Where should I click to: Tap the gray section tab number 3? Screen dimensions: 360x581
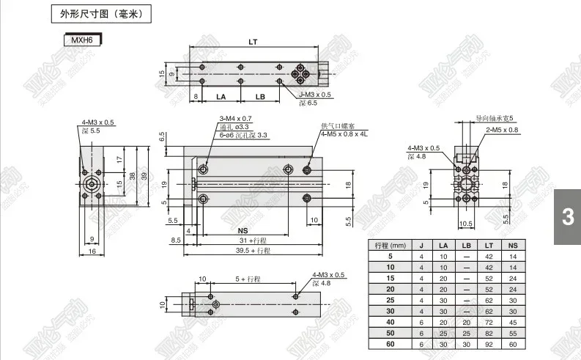[x=567, y=217]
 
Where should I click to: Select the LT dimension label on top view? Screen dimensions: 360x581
[x=253, y=41]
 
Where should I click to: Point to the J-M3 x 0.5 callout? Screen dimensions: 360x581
[x=315, y=95]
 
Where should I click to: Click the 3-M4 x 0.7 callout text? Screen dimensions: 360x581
[x=236, y=119]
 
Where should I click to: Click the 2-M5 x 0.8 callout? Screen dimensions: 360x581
[x=503, y=130]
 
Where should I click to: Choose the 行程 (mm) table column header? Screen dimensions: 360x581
[x=390, y=245]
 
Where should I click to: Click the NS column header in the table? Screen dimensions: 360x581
[x=512, y=245]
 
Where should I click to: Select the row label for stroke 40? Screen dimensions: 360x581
[x=390, y=321]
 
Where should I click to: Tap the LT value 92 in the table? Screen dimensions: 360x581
[x=489, y=343]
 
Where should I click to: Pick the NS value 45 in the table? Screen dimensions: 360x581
[x=512, y=321]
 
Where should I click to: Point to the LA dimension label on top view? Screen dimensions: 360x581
[x=221, y=97]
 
